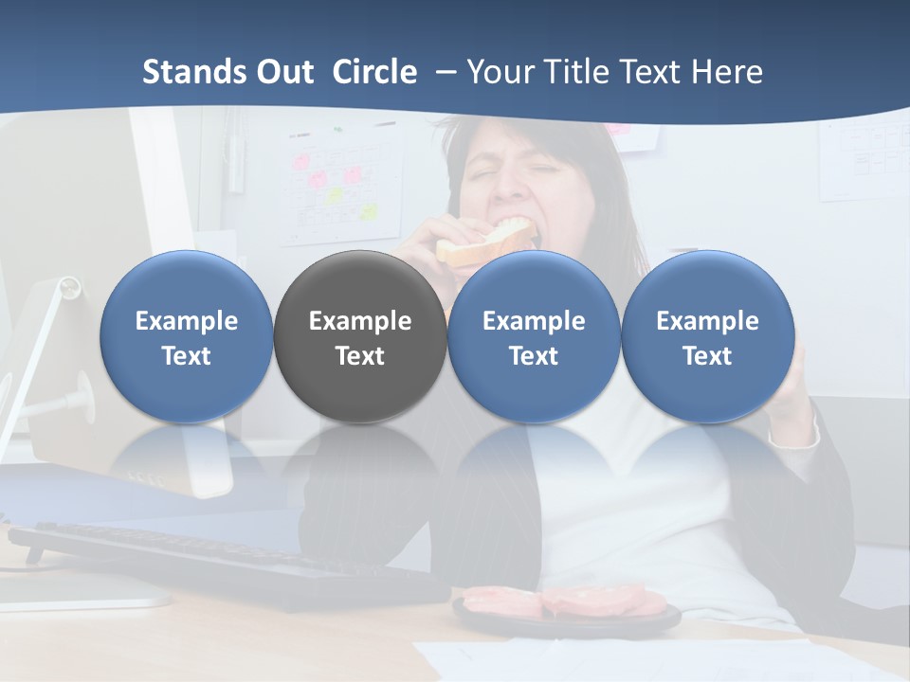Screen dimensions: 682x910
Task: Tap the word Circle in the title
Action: (374, 72)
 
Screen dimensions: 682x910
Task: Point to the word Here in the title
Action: (727, 72)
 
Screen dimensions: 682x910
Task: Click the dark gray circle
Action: (360, 336)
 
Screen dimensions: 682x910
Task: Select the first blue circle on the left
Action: (187, 336)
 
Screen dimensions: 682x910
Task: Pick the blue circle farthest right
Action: (707, 336)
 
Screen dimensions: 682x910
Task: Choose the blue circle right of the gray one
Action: (534, 336)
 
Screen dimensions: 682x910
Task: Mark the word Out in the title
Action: (282, 72)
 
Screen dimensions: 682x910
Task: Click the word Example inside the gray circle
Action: (360, 321)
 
